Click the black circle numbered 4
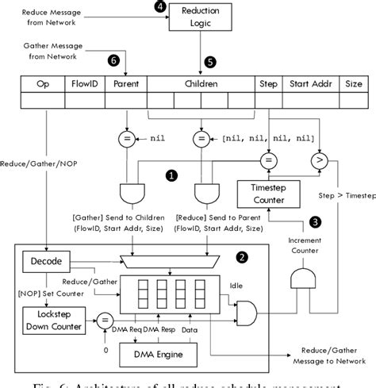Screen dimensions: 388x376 (x=163, y=7)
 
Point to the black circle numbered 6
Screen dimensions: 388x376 (x=113, y=60)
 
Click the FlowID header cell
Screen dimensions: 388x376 (x=84, y=83)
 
